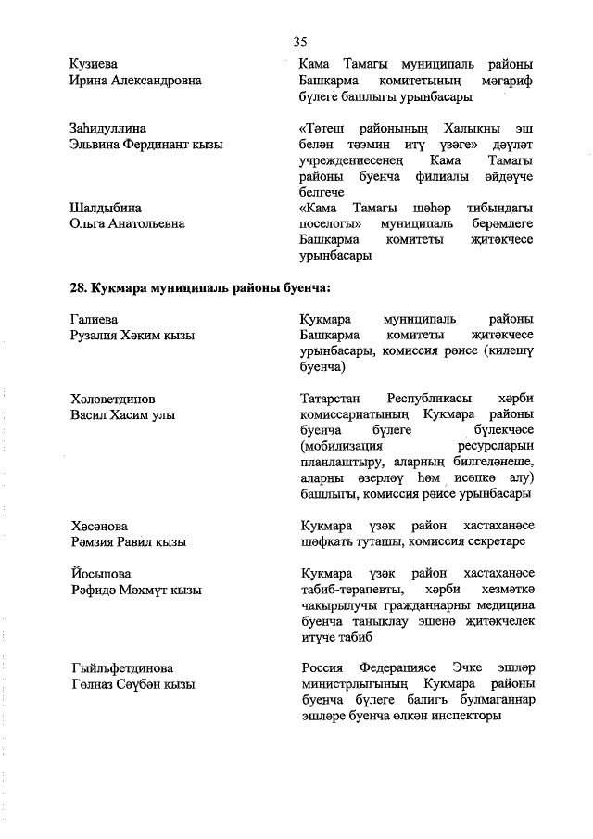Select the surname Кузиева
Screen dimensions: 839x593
click(95, 63)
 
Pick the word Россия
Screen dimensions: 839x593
click(323, 667)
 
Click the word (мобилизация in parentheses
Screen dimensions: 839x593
click(343, 446)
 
